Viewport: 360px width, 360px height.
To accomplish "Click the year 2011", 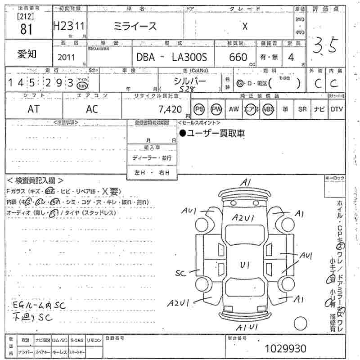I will click(x=67, y=58).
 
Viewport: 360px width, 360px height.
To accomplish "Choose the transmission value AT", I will click(x=33, y=109).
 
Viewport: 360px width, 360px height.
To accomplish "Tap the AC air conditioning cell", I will click(x=92, y=109).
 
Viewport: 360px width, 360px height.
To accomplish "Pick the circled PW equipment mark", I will click(x=217, y=109).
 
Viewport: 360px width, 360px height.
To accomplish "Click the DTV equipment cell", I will click(x=336, y=109).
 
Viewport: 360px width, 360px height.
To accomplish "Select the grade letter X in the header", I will click(x=245, y=26).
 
